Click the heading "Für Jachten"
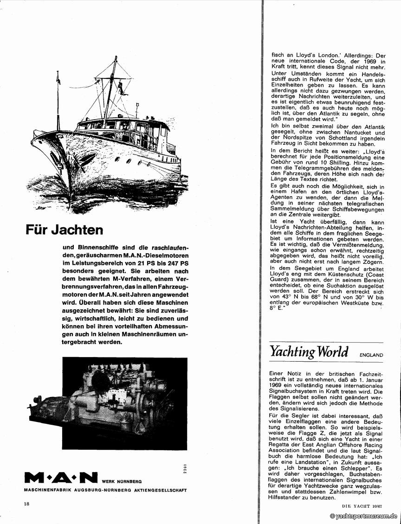(64, 230)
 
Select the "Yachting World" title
(309, 352)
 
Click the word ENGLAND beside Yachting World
(371, 355)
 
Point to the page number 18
(26, 504)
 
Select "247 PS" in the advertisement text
(164, 263)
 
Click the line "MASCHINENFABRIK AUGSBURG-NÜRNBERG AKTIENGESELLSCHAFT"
(99, 490)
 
